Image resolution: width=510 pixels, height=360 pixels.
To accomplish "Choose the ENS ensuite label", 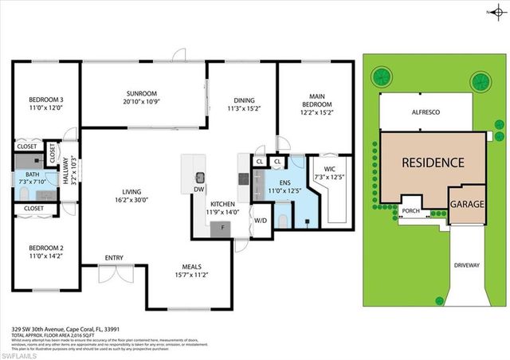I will point(276,182).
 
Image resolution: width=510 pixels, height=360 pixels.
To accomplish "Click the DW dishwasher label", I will point(198,191).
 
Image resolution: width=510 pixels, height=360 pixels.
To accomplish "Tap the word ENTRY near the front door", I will point(115,257).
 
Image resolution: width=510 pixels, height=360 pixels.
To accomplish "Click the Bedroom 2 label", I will point(45,248).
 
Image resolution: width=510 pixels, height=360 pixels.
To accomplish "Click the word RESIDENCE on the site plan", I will point(432,162).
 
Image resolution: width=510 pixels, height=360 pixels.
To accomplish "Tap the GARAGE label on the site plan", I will point(468,205).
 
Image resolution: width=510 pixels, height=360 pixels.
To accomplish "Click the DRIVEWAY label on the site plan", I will point(468,264).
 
